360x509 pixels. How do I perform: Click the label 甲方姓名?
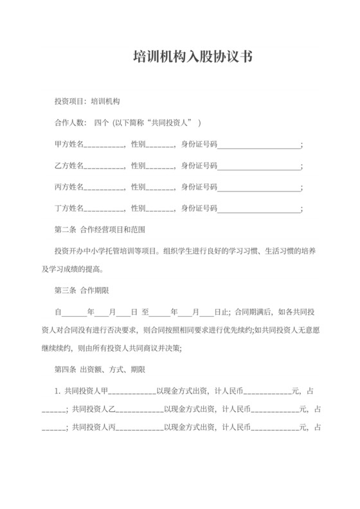tap(69, 145)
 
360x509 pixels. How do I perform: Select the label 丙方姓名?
tap(69, 187)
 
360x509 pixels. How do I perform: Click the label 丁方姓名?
tap(69, 208)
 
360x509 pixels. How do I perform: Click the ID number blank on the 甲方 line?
tap(259, 145)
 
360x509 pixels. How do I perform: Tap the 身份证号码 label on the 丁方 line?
tap(200, 208)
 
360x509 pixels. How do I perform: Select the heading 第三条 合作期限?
tap(85, 290)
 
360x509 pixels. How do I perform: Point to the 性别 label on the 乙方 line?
tap(138, 166)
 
